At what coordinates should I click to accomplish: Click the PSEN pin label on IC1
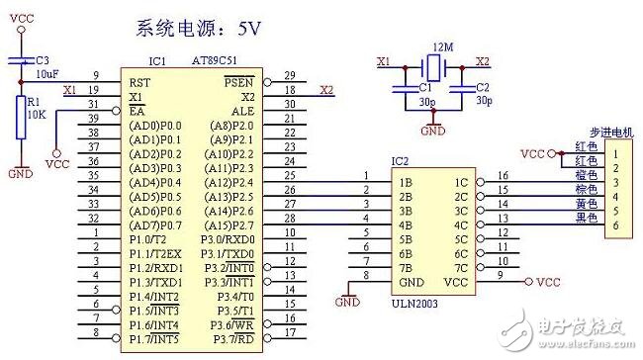(x=240, y=75)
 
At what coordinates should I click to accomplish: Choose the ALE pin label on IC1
(x=244, y=112)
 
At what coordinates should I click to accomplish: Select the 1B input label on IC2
(x=405, y=183)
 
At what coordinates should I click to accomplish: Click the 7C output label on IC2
(x=461, y=267)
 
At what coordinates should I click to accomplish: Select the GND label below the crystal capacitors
(x=432, y=130)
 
